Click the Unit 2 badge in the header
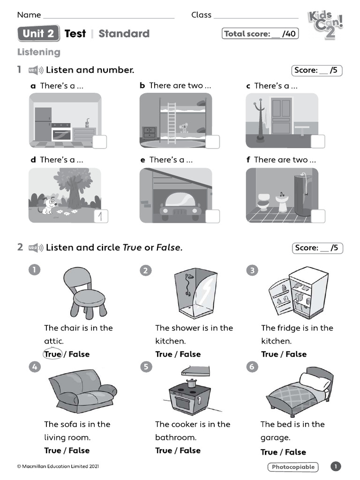coord(38,34)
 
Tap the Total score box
coord(260,34)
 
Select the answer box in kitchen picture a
coord(99,142)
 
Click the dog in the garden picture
coord(49,205)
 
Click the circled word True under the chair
coord(52,354)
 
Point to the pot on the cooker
coord(191,383)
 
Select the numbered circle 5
coord(146,367)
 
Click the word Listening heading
coord(39,52)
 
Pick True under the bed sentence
coord(269,452)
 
